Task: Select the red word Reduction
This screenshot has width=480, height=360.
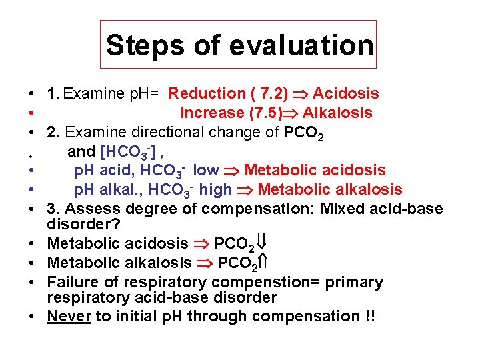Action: (207, 94)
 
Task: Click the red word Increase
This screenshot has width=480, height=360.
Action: (211, 113)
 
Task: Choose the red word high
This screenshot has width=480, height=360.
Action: (215, 190)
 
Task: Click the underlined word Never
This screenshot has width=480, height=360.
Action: (69, 316)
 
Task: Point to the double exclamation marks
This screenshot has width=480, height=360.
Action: (370, 316)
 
